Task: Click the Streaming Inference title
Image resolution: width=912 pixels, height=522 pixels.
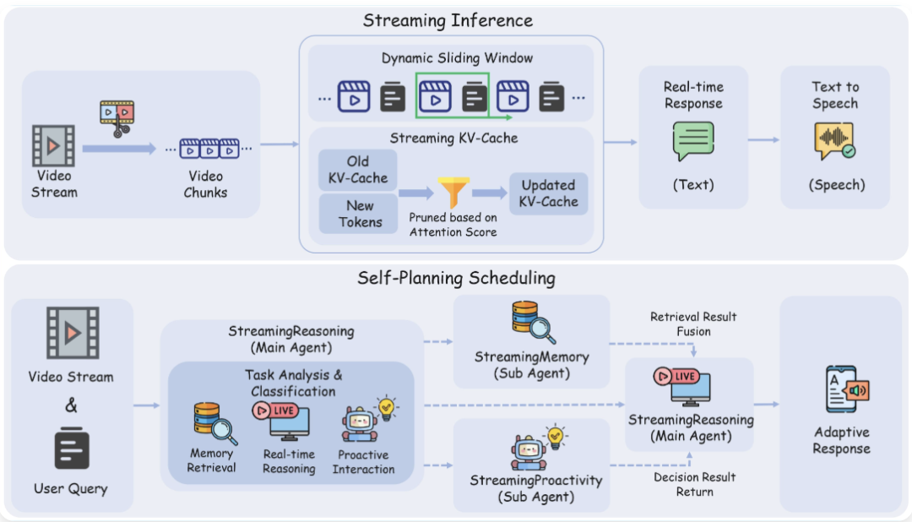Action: click(448, 19)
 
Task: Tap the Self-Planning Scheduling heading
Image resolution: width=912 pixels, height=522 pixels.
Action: click(456, 278)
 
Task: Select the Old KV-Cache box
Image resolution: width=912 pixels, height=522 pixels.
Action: click(357, 170)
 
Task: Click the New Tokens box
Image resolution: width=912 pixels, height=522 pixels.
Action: click(357, 214)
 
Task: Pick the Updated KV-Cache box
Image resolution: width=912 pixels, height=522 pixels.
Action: click(548, 193)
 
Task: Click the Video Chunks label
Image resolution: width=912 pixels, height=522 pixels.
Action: click(205, 184)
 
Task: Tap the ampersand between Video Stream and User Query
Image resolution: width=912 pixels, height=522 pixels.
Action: click(72, 405)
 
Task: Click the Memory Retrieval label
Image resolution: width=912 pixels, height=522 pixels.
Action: click(211, 461)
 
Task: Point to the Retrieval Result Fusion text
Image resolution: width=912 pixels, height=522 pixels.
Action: click(693, 324)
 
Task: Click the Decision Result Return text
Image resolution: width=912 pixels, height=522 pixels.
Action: click(694, 484)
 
